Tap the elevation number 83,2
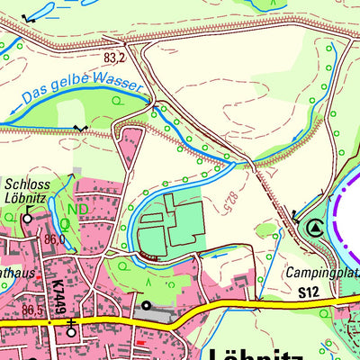tap(114, 58)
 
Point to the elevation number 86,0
tap(55, 239)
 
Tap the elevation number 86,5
tap(34, 310)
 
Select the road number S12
tap(309, 292)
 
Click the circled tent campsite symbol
tap(313, 229)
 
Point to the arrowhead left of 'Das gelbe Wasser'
tap(13, 112)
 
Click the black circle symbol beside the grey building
tap(147, 306)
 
